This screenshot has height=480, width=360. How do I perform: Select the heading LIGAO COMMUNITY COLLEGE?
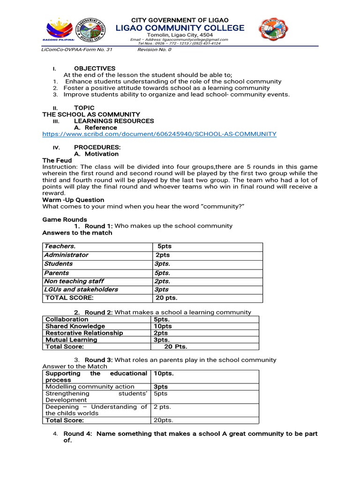pyautogui.click(x=180, y=28)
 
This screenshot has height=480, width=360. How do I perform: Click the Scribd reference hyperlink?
pyautogui.click(x=159, y=134)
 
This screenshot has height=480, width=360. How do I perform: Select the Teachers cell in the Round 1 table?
pyautogui.click(x=60, y=246)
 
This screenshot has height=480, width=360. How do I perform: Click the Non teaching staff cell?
pyautogui.click(x=74, y=281)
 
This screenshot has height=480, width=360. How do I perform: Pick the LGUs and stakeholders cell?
pyautogui.click(x=81, y=290)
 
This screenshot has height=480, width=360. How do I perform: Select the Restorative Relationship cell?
pyautogui.click(x=84, y=333)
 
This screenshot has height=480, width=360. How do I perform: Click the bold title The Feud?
pyautogui.click(x=57, y=160)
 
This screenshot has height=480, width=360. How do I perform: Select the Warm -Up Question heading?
pyautogui.click(x=73, y=200)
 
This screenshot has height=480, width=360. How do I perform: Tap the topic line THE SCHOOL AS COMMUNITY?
pyautogui.click(x=91, y=114)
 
